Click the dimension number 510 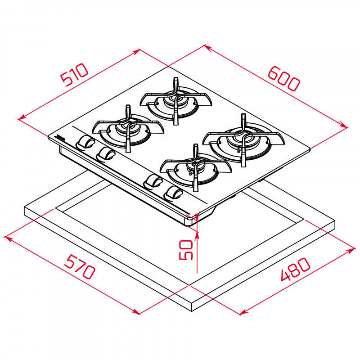75,75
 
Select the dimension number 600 283,78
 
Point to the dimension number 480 296,269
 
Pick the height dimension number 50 186,250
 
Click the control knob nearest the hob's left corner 84,143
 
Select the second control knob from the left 106,154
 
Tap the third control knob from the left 153,181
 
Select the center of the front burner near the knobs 196,168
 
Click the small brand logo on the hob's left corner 60,137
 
